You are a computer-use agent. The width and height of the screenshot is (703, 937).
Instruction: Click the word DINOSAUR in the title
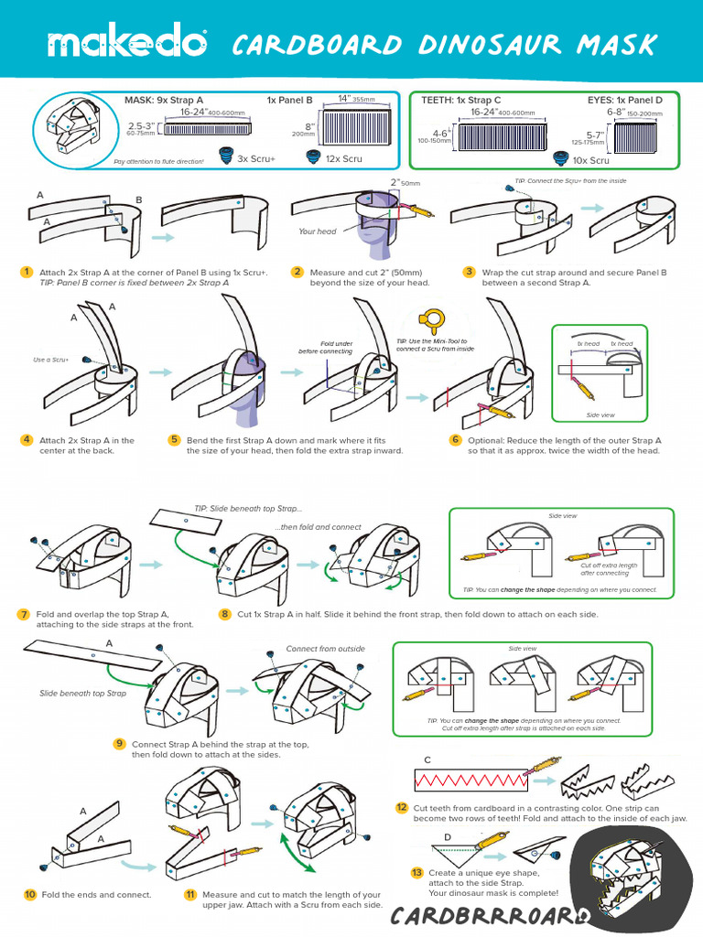(x=467, y=44)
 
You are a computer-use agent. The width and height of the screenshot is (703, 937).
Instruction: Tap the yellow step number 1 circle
(x=27, y=272)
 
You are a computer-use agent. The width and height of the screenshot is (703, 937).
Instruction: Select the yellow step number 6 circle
(x=455, y=440)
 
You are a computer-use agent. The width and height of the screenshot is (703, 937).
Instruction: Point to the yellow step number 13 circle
(x=417, y=873)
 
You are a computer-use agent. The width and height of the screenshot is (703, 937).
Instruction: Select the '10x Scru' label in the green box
(x=590, y=160)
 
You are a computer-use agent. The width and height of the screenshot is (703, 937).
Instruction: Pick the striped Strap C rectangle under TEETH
(x=502, y=136)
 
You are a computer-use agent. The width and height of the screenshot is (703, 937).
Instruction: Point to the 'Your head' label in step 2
(x=318, y=232)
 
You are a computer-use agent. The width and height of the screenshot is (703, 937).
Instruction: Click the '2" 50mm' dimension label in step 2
(x=404, y=183)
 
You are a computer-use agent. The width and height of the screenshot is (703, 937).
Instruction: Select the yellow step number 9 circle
(x=119, y=743)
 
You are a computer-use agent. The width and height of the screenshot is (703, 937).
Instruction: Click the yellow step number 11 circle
(x=190, y=894)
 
